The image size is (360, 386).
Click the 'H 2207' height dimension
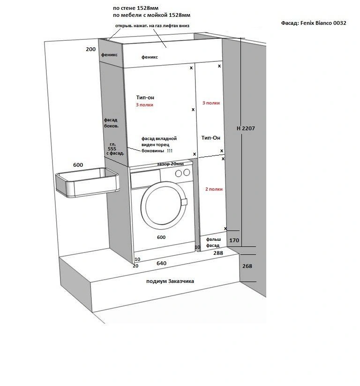pyautogui.click(x=246, y=128)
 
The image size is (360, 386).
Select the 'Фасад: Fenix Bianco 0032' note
pyautogui.click(x=313, y=23)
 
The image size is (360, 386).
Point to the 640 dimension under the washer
pyautogui.click(x=161, y=263)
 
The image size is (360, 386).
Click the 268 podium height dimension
pyautogui.click(x=247, y=266)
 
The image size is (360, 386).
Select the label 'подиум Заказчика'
pyautogui.click(x=170, y=281)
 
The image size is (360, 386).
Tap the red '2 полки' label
pyautogui.click(x=214, y=189)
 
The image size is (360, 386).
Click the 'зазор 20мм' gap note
pyautogui.click(x=171, y=163)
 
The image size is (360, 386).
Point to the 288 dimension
pyautogui.click(x=218, y=252)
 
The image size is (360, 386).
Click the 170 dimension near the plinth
pyautogui.click(x=234, y=240)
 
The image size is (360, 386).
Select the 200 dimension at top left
pyautogui.click(x=90, y=49)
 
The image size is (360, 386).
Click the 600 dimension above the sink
pyautogui.click(x=78, y=165)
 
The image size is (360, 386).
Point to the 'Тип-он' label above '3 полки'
pyautogui.click(x=145, y=97)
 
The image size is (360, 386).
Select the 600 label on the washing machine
pyautogui.click(x=161, y=237)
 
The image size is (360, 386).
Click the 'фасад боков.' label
pyautogui.click(x=111, y=123)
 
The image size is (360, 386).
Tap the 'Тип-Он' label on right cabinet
pyautogui.click(x=210, y=138)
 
